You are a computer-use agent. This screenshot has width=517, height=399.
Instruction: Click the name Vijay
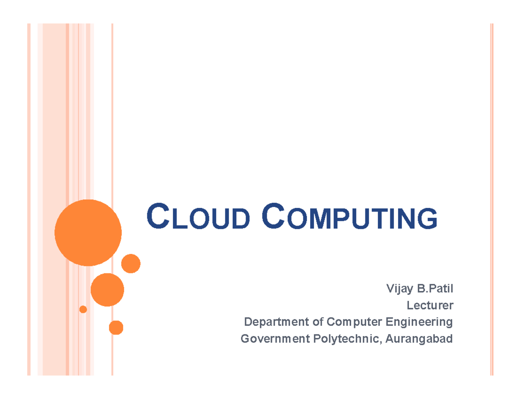[397, 288]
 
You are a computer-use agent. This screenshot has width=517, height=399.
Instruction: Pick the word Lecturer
[430, 306]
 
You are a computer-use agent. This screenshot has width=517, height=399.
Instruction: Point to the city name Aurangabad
[419, 339]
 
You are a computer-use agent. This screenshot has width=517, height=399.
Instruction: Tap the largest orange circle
[88, 232]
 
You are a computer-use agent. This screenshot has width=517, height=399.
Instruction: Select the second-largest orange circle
[107, 290]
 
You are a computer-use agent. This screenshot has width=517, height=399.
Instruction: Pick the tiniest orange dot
[83, 309]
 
